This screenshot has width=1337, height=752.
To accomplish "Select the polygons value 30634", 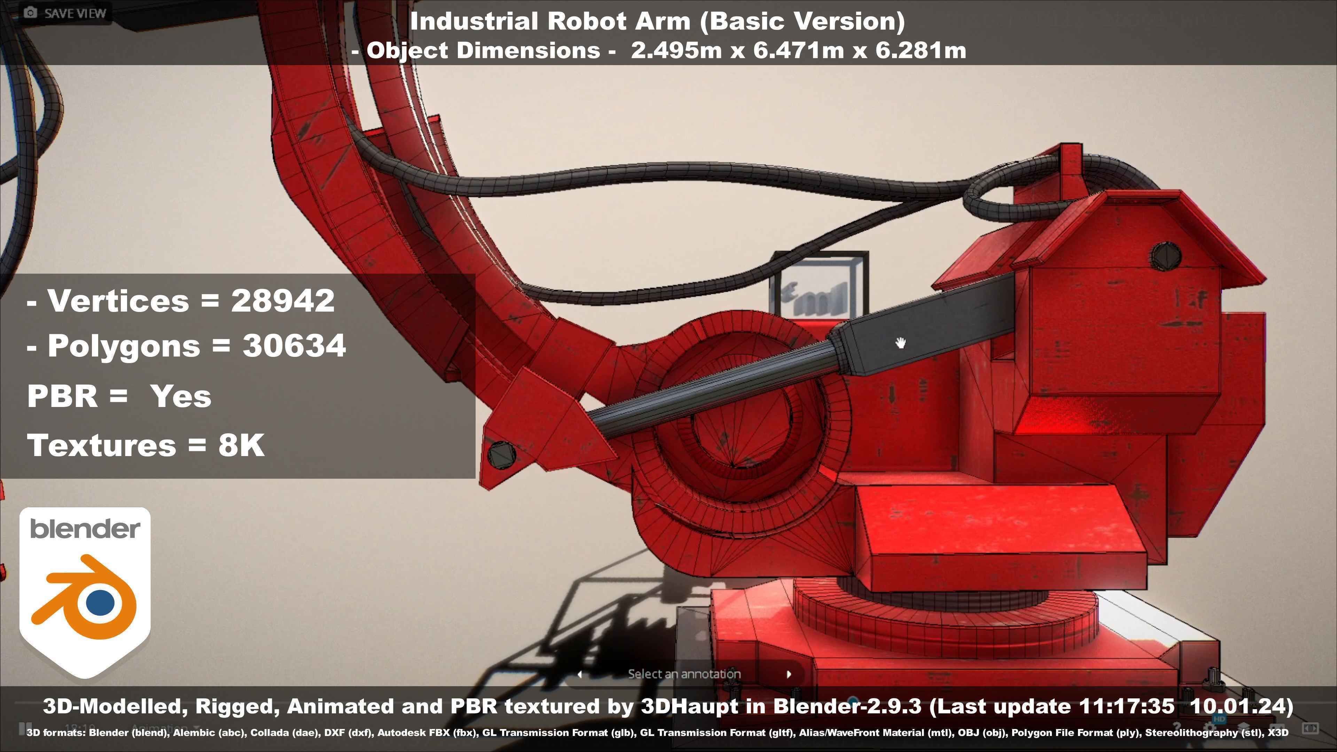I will [x=294, y=346].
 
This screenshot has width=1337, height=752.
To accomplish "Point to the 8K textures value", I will [x=241, y=445].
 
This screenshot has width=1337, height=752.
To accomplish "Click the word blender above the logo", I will [x=85, y=529].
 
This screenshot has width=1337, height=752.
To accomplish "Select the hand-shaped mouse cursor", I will [x=900, y=343].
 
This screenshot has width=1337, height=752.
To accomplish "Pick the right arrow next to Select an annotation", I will [x=789, y=674].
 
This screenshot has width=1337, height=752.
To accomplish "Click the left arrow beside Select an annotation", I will [x=580, y=674].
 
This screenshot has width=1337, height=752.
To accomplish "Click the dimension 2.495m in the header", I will [x=676, y=50].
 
